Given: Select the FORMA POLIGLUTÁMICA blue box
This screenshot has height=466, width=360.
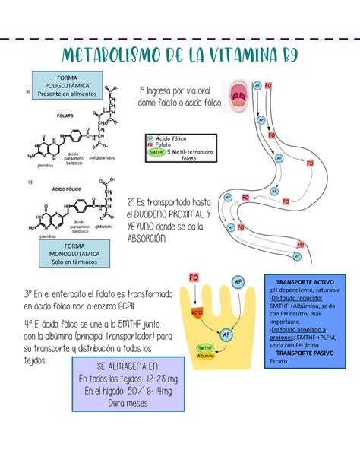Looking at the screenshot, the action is (x=64, y=83).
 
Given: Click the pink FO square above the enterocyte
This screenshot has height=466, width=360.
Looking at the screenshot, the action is (x=193, y=279).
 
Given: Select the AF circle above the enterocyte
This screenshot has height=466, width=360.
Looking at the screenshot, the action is (x=238, y=282).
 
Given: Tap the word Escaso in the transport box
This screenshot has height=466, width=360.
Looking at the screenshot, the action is (x=279, y=362).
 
